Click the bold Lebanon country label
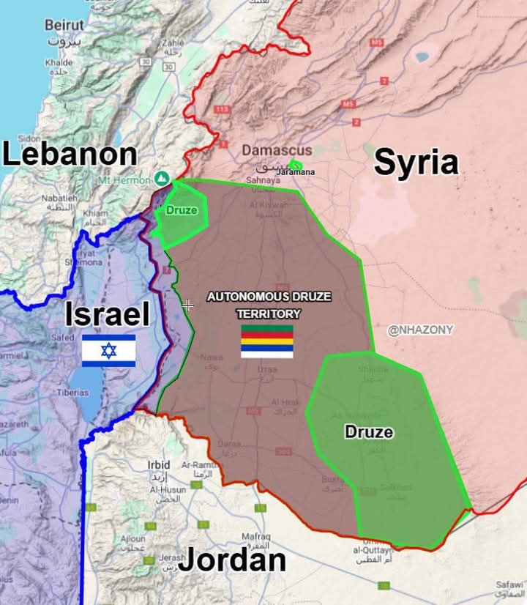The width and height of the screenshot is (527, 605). click(x=70, y=155)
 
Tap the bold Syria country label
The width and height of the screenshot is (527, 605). click(x=416, y=163)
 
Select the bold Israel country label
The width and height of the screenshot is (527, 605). click(x=108, y=314)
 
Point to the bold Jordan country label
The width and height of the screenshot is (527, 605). click(x=232, y=560)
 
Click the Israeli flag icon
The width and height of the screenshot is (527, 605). click(x=108, y=350)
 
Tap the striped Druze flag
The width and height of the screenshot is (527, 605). click(x=267, y=341)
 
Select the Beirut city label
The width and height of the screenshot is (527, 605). click(x=64, y=25)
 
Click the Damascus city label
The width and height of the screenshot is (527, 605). click(x=277, y=150)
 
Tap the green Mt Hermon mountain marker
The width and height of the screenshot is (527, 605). click(x=162, y=178)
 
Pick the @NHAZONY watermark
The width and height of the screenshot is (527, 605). click(x=420, y=330)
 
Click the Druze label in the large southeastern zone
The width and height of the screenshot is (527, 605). click(x=369, y=432)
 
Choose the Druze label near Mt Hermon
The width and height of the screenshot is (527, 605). click(x=182, y=210)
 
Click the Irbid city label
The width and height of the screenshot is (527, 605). click(x=159, y=464)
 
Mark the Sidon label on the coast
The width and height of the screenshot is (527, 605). click(x=29, y=138)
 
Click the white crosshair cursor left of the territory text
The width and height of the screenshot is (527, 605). click(x=188, y=305)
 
